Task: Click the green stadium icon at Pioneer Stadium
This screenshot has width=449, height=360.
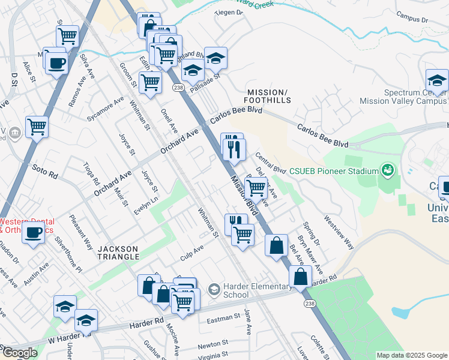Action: coord(388,171)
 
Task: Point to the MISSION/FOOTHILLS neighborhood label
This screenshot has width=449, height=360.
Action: coord(267,96)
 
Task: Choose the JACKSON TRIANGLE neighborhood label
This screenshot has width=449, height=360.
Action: coord(118,253)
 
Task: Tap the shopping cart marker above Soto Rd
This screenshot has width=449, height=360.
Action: coord(37,127)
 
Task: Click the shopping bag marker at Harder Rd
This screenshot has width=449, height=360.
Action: coord(300,277)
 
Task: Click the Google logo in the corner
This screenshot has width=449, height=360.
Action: coord(19,353)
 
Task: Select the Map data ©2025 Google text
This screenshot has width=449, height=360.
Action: coord(411,355)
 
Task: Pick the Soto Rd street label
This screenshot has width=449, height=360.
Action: coord(45,172)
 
